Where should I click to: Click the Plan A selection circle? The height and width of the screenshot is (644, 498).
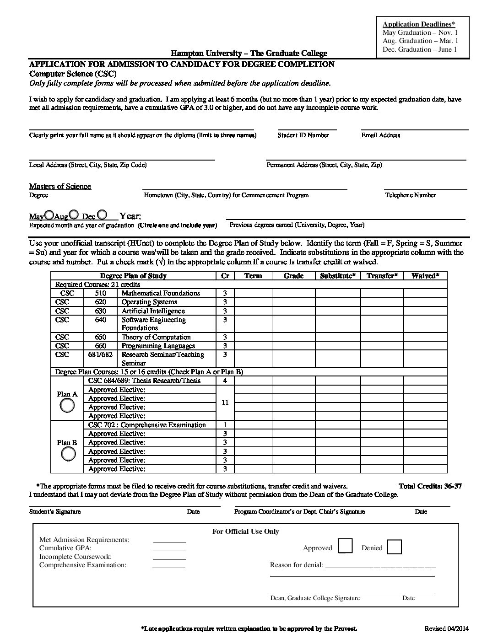click(x=67, y=405)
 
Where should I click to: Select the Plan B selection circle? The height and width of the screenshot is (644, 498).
click(x=67, y=453)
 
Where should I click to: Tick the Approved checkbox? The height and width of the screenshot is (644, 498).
click(x=345, y=547)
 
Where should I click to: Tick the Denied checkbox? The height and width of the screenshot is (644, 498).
click(x=394, y=547)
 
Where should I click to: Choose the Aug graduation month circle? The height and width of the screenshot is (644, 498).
click(x=74, y=215)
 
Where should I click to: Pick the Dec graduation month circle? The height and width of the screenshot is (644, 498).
click(x=103, y=215)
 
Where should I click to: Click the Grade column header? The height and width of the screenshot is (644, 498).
click(x=293, y=275)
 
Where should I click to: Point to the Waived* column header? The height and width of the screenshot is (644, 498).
click(x=425, y=275)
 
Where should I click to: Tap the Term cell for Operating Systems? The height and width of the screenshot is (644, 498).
click(x=253, y=302)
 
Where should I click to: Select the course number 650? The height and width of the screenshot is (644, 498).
click(x=100, y=337)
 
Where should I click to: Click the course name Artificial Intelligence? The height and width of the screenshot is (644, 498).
click(x=153, y=311)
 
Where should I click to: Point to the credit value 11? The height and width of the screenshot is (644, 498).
click(x=225, y=402)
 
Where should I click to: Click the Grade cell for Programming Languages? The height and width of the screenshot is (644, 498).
click(x=293, y=346)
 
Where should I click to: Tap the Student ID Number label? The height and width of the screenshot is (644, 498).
click(x=303, y=135)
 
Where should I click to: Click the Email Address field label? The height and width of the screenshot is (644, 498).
click(x=380, y=135)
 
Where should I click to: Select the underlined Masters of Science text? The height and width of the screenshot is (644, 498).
click(x=60, y=186)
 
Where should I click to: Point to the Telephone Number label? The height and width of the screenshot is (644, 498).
click(x=410, y=195)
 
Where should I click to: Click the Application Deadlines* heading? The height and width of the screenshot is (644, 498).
click(x=419, y=24)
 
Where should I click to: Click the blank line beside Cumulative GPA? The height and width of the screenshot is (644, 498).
click(x=169, y=548)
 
